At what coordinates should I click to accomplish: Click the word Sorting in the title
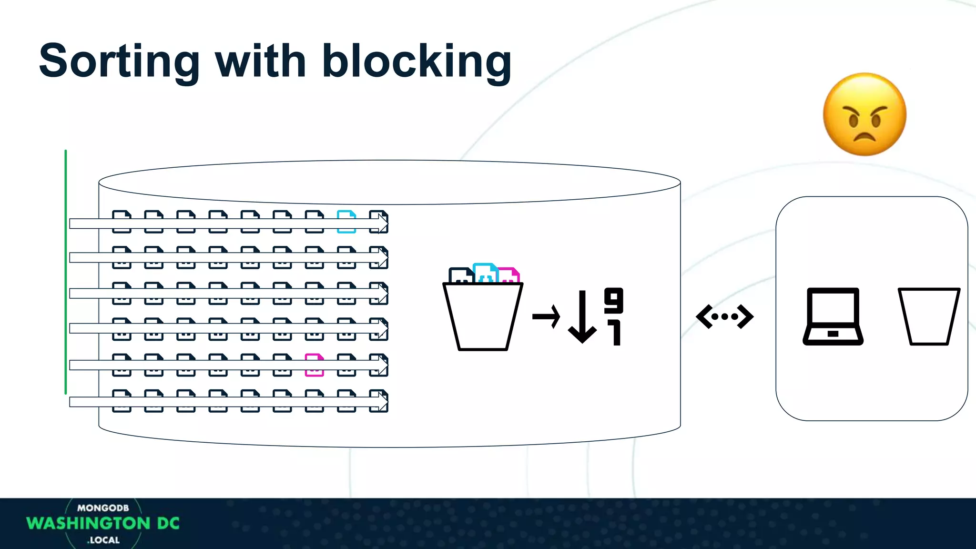click(x=119, y=62)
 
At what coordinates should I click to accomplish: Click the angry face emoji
click(x=864, y=114)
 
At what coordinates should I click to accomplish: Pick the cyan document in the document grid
click(x=346, y=222)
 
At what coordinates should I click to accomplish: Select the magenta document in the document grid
click(x=314, y=365)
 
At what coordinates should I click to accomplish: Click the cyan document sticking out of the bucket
click(x=485, y=273)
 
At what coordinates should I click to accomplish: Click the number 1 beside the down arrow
click(x=615, y=333)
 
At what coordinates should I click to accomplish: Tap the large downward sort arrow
click(x=582, y=317)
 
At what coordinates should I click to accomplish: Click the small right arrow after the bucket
click(x=546, y=316)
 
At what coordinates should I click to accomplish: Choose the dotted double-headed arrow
click(x=724, y=316)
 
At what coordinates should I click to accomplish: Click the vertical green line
click(x=66, y=272)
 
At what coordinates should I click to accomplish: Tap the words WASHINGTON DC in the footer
click(x=103, y=523)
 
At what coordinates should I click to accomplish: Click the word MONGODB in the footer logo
click(x=103, y=508)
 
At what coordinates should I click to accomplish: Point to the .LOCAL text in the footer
click(x=103, y=540)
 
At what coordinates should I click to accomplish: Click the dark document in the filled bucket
click(x=460, y=275)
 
